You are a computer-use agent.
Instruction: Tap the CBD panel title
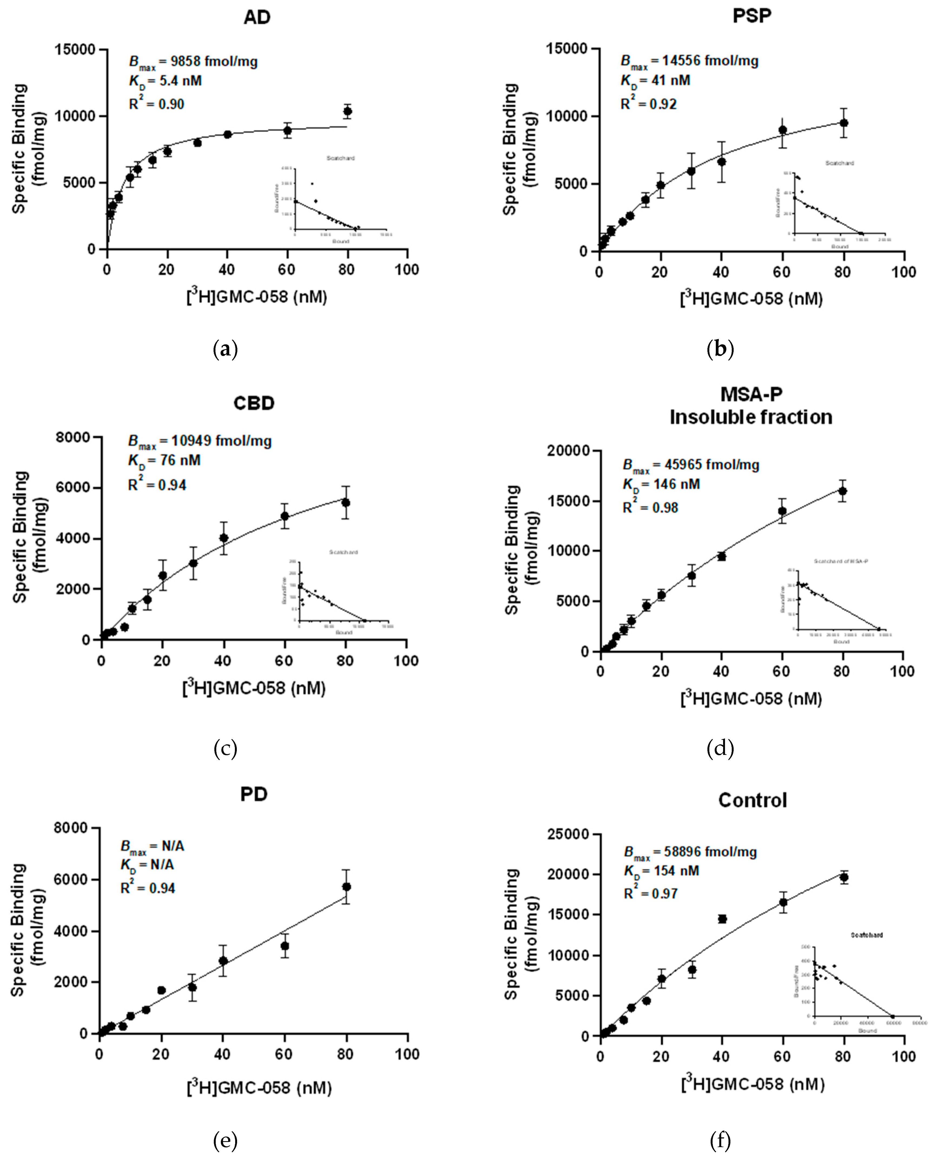(254, 403)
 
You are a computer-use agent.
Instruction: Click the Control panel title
(752, 800)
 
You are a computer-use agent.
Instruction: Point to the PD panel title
(254, 794)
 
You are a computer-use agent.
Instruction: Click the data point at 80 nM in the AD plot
(347, 111)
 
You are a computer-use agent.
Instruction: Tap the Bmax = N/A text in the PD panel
(152, 846)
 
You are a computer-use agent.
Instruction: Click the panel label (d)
(720, 748)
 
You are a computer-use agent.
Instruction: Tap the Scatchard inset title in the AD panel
(340, 158)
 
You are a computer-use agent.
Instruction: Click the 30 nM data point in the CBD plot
(193, 563)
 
